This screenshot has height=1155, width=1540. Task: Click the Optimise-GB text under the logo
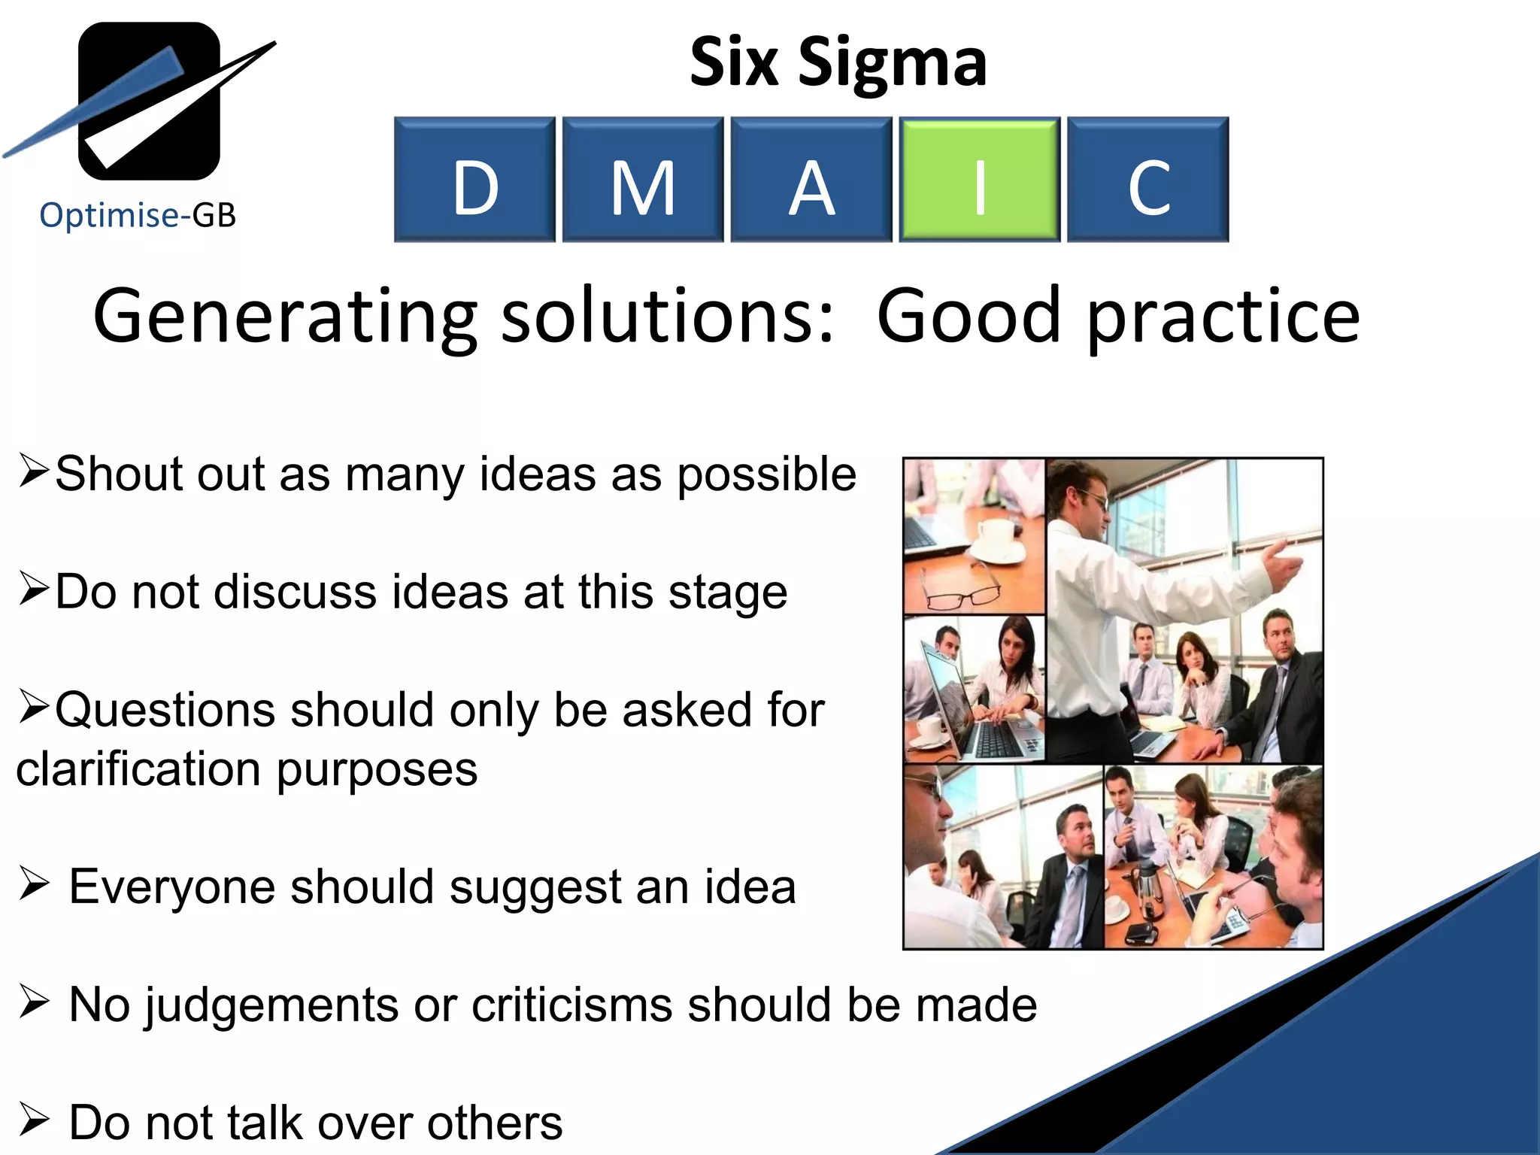coord(138,216)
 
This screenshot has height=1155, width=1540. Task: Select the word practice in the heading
coord(1223,317)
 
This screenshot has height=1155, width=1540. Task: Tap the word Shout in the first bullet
coord(119,474)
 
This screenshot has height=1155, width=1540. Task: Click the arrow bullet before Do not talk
coord(34,1120)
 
